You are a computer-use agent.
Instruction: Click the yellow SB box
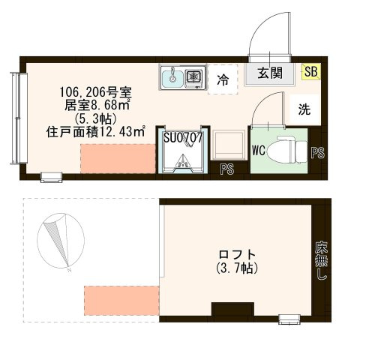(x=309, y=72)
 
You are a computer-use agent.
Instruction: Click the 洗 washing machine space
(x=304, y=109)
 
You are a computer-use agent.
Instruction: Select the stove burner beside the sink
(x=194, y=76)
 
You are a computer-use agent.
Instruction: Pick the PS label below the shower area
(x=226, y=170)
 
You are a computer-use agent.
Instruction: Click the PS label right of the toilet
(x=318, y=153)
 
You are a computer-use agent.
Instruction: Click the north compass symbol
(x=56, y=241)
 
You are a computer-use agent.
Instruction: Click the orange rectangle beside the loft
(x=121, y=298)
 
